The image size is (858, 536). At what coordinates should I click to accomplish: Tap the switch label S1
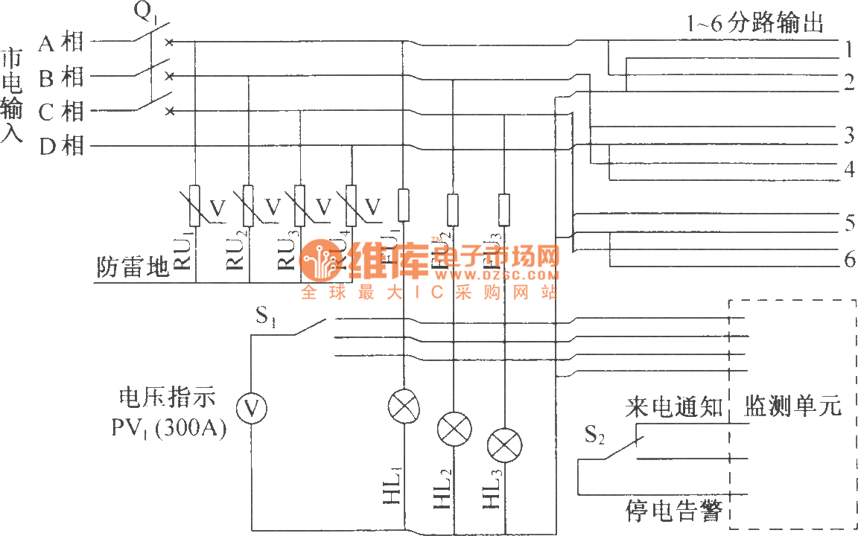267,318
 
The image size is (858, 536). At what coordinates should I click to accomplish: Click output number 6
849,260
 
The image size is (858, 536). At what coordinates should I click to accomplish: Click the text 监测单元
793,406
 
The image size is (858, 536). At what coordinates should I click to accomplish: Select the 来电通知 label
673,407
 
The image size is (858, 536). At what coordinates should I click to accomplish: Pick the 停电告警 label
673,512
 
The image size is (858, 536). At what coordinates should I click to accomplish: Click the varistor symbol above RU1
194,205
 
